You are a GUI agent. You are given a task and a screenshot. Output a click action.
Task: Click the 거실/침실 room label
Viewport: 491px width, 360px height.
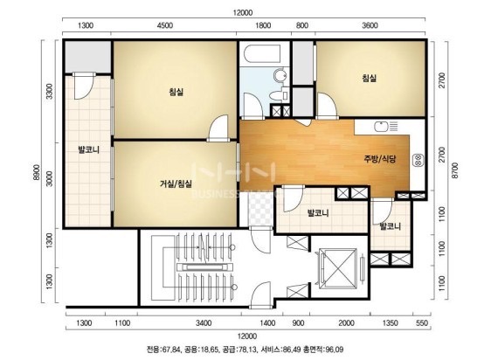pos(176,183)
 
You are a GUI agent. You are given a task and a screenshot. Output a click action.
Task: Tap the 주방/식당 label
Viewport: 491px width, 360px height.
pos(379,159)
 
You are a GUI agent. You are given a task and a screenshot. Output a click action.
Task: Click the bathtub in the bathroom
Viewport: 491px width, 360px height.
pos(262,54)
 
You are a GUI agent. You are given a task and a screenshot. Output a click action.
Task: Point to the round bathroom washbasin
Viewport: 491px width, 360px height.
pos(280,75)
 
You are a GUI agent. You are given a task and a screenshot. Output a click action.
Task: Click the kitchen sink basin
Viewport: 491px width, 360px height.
pos(381,127)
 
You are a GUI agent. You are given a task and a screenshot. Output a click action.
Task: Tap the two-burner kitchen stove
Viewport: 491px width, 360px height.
pos(418,160)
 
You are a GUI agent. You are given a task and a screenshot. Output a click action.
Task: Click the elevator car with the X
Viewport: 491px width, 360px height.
pos(337,267)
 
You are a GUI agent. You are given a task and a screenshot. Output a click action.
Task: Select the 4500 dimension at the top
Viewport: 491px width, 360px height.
pos(165,25)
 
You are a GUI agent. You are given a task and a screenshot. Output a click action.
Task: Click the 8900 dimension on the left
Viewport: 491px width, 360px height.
pos(36,173)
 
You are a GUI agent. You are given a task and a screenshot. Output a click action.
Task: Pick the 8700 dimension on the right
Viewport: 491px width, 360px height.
pos(455,170)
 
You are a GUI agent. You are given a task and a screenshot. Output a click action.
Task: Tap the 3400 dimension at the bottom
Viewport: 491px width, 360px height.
pos(204,323)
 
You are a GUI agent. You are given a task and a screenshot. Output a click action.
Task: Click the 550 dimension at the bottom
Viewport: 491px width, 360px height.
pos(422,323)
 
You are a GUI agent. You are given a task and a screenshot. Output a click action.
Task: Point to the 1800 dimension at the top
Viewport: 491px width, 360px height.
pos(263,25)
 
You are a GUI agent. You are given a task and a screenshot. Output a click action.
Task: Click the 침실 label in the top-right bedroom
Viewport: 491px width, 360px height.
pos(370,78)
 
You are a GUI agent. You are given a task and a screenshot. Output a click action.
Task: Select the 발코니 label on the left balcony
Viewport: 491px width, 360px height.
pos(88,149)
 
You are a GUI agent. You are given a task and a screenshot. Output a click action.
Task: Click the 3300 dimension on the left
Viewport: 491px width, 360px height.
pos(50,91)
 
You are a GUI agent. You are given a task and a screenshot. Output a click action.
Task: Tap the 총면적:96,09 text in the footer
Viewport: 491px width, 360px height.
pos(323,350)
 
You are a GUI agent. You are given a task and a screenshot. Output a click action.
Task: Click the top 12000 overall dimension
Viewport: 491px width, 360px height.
pos(243,13)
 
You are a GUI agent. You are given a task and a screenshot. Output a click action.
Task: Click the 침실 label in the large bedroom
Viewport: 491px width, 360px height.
pos(176,92)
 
